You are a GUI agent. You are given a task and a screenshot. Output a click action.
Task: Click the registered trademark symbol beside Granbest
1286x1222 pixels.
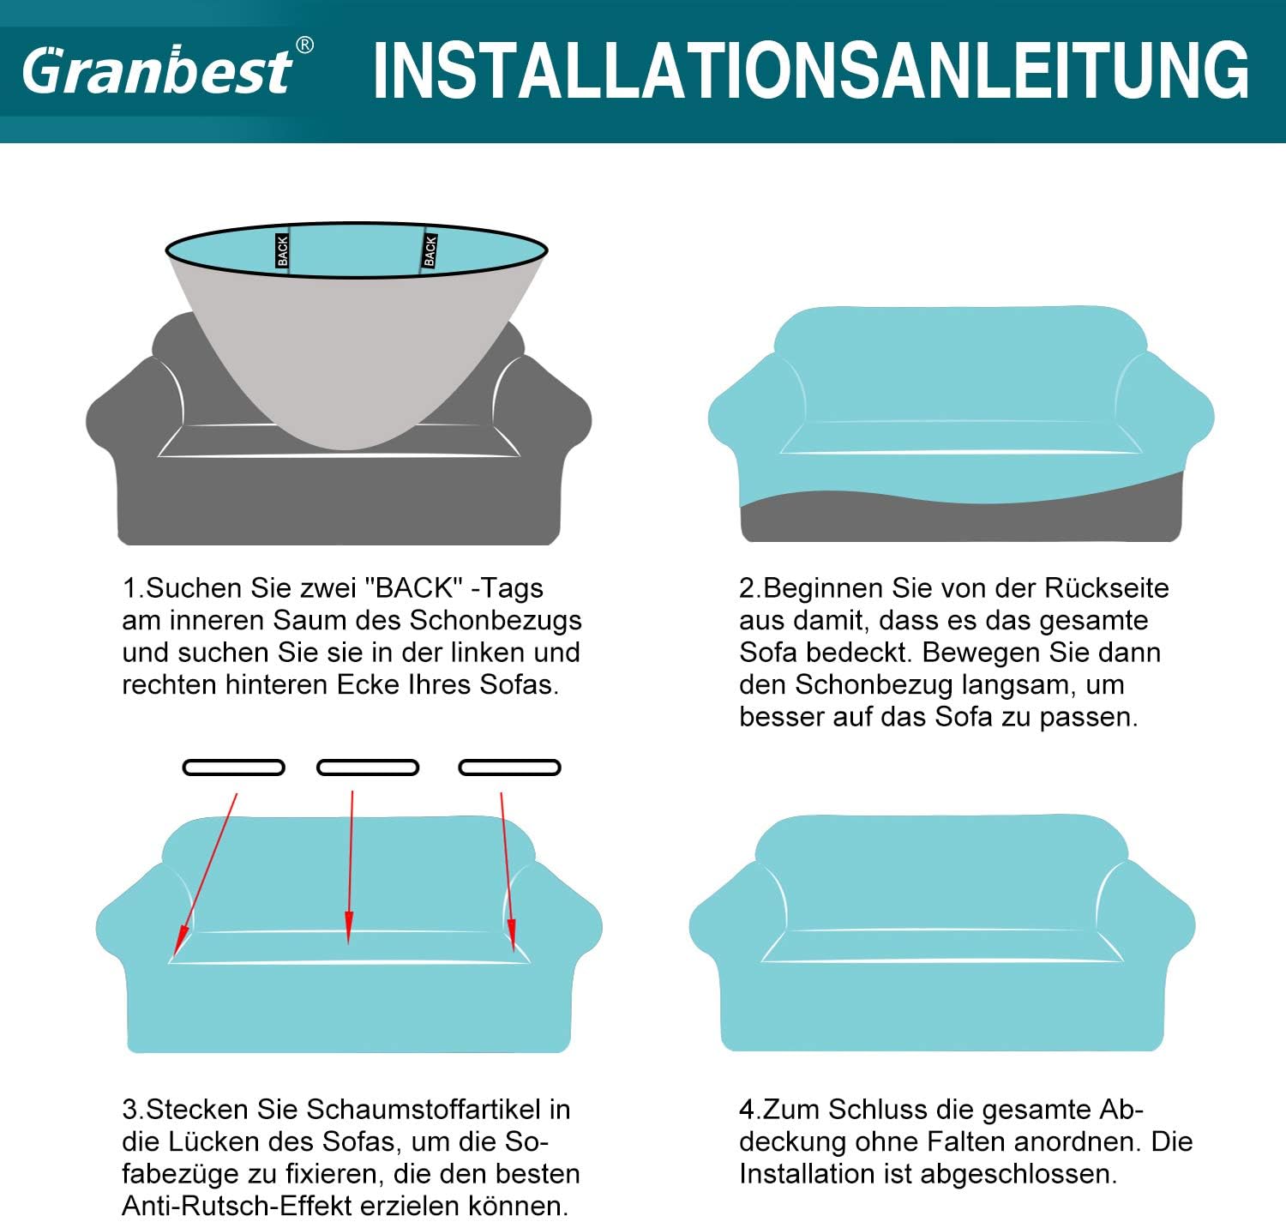(303, 45)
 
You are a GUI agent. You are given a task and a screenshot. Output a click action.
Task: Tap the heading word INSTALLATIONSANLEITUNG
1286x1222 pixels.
(810, 71)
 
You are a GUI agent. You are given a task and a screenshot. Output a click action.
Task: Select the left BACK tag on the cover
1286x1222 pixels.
(282, 251)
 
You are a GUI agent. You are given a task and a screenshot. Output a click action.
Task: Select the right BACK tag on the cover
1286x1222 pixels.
(430, 250)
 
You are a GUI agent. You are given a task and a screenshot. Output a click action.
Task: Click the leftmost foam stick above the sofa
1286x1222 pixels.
(233, 768)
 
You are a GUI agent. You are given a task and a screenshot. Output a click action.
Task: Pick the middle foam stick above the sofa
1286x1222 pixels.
(368, 768)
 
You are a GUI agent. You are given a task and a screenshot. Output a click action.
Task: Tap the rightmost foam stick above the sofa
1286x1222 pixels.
(509, 768)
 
